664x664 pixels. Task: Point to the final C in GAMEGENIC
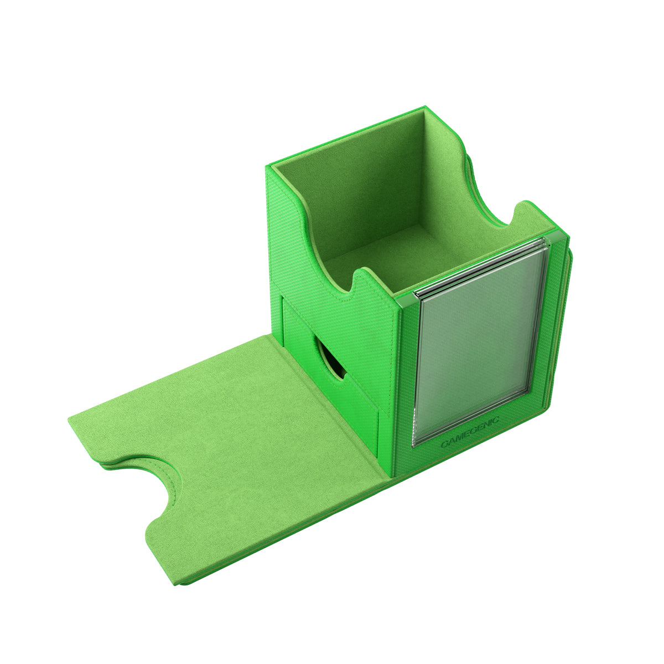tap(496, 419)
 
